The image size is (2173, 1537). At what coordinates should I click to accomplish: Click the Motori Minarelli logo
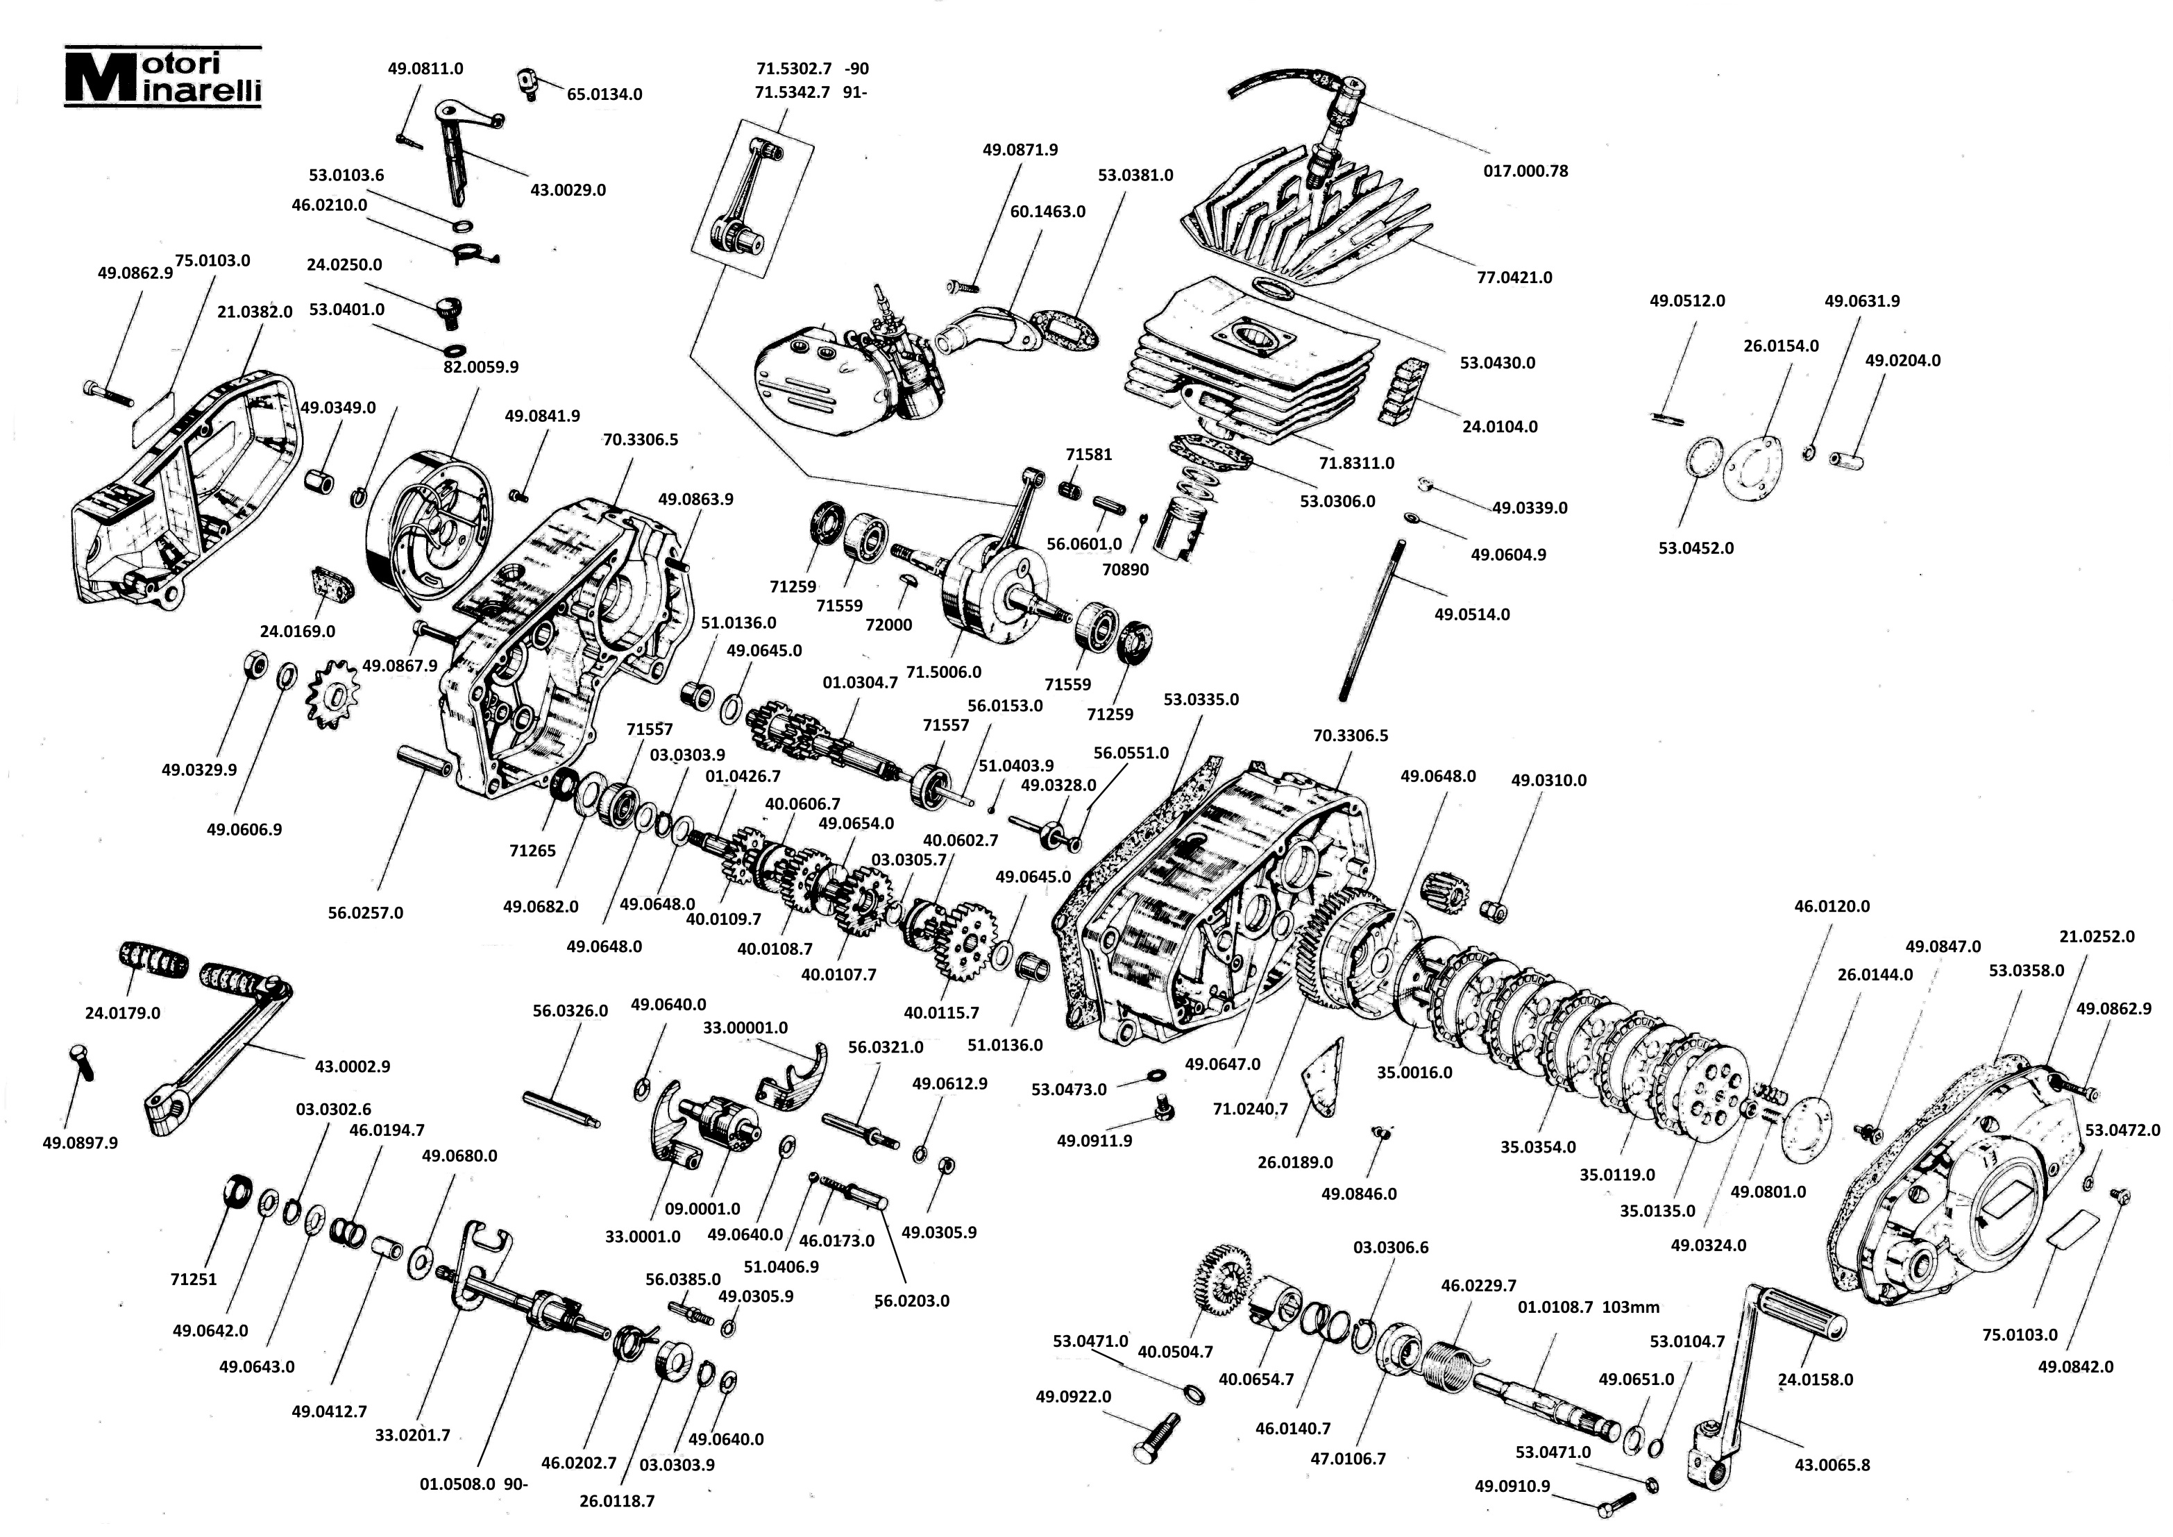(163, 76)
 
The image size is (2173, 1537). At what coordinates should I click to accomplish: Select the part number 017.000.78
(1525, 171)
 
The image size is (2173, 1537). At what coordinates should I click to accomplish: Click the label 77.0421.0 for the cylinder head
(1514, 278)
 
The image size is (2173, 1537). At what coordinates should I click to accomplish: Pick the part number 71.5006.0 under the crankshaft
(944, 672)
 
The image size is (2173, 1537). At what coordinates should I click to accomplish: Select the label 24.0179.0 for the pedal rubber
(123, 1012)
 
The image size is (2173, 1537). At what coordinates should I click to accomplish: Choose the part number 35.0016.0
(1414, 1072)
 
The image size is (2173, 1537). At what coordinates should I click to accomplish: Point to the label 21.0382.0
(255, 312)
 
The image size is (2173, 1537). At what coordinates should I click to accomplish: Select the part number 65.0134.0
(604, 94)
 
